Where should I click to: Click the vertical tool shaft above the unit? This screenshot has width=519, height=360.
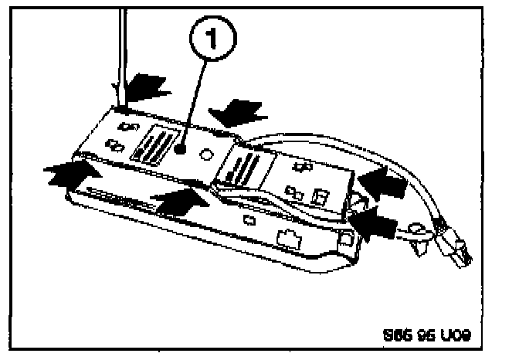point(120,54)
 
